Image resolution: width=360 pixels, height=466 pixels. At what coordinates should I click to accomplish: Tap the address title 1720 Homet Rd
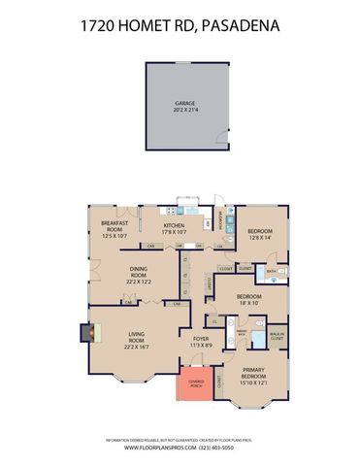point(180,30)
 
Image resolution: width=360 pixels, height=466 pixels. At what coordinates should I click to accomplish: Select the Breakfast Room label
point(115,224)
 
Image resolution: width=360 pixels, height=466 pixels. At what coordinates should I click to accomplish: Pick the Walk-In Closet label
point(276,337)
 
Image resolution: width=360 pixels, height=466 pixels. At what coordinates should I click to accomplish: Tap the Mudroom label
point(223,222)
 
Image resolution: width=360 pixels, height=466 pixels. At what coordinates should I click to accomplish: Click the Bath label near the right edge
point(273,271)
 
